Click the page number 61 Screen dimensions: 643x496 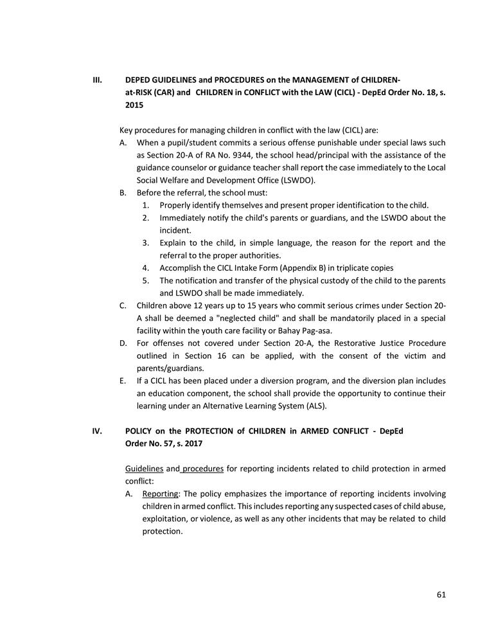pyautogui.click(x=441, y=594)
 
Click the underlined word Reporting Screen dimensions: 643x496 pyautogui.click(x=161, y=493)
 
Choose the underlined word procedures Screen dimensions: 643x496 pyautogui.click(x=202, y=468)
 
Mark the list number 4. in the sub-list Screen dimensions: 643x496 pyautogui.click(x=146, y=267)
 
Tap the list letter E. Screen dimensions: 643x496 pyautogui.click(x=123, y=381)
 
